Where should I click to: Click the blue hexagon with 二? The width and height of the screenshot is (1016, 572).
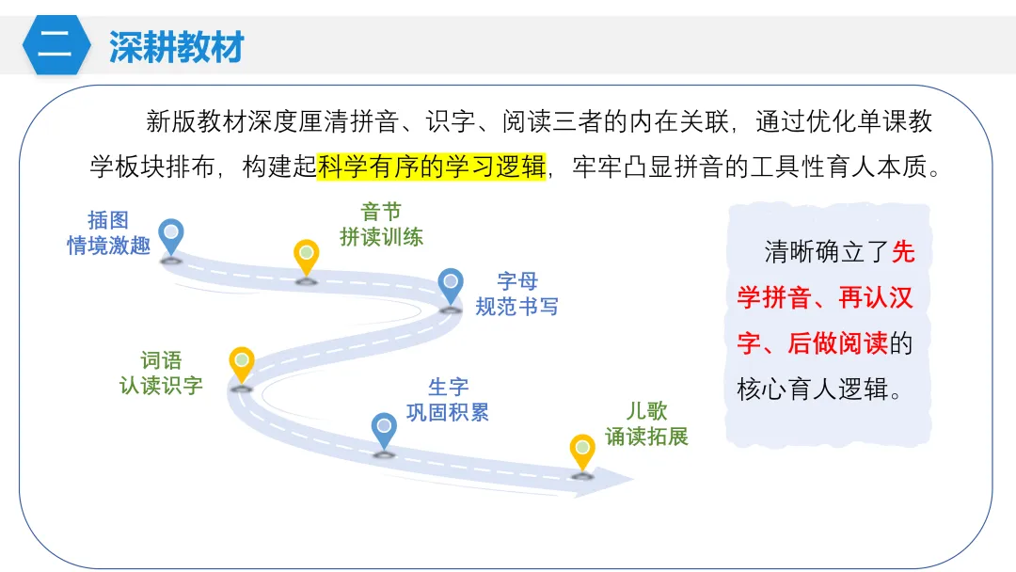(x=56, y=45)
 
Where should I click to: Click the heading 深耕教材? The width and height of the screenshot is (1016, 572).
(x=176, y=47)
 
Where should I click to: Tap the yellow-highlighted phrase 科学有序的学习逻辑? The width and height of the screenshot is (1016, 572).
(x=432, y=167)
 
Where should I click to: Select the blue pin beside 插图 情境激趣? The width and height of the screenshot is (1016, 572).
(x=171, y=237)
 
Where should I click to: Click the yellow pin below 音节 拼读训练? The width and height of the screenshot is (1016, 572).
(x=307, y=258)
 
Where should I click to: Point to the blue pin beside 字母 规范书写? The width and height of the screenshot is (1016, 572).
(x=451, y=287)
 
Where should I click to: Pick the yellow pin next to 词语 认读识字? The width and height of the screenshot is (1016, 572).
(x=242, y=365)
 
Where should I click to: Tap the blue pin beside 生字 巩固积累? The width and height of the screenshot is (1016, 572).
(x=384, y=431)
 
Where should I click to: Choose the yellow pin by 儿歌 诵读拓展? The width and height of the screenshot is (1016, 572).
(x=582, y=453)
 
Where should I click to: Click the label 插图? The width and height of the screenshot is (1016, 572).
(x=108, y=220)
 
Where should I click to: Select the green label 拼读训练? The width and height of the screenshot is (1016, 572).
(x=382, y=237)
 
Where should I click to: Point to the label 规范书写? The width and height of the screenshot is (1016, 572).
(x=517, y=307)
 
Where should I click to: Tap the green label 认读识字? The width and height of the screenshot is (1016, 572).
(x=162, y=386)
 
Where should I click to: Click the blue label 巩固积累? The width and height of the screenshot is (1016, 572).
(x=448, y=413)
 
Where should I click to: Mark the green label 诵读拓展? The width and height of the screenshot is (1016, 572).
(x=646, y=437)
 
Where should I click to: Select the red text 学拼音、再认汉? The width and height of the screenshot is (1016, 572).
(x=825, y=298)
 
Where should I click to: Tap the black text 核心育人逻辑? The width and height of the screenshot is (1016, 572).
(x=813, y=389)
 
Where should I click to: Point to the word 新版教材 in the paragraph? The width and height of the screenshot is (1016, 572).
(x=196, y=121)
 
